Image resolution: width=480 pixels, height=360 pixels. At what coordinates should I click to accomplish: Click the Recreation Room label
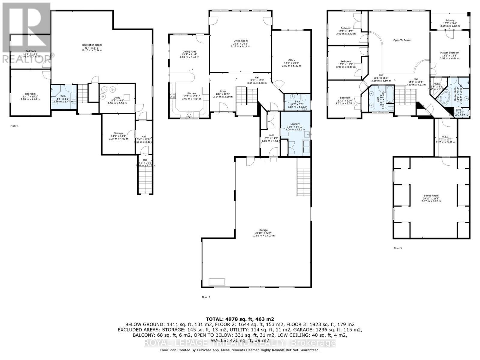(92, 45)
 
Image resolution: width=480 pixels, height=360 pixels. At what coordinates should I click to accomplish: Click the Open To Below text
(402, 40)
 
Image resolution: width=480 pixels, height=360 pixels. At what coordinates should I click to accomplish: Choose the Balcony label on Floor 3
(449, 21)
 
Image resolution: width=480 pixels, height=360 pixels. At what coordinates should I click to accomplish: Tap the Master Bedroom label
(449, 53)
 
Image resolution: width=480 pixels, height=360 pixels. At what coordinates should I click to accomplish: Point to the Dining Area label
(189, 52)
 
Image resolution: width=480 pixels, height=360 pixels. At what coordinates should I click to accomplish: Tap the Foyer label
(223, 91)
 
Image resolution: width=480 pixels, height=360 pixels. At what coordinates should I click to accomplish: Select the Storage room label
(118, 133)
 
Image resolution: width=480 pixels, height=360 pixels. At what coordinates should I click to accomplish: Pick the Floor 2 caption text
(206, 297)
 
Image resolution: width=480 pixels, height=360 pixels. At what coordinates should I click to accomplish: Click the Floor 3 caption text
(397, 248)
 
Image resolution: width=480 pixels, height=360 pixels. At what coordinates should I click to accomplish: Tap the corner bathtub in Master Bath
(445, 98)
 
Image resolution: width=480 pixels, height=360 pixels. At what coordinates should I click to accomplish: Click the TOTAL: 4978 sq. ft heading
(240, 319)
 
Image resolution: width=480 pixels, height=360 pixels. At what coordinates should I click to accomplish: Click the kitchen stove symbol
(173, 96)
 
